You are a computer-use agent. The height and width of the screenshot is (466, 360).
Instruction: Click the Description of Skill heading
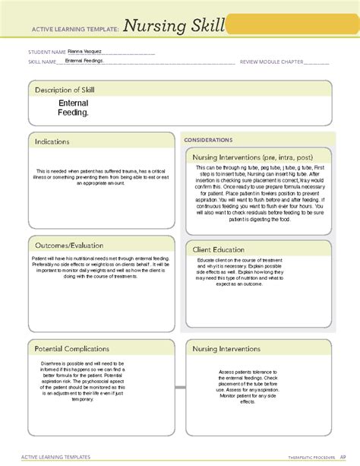coord(64,90)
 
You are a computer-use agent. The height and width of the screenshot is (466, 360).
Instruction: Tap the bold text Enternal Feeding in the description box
coord(74,107)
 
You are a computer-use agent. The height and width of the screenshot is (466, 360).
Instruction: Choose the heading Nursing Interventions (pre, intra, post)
coord(252,157)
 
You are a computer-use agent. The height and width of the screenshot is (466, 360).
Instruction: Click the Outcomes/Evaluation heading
coord(68,244)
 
